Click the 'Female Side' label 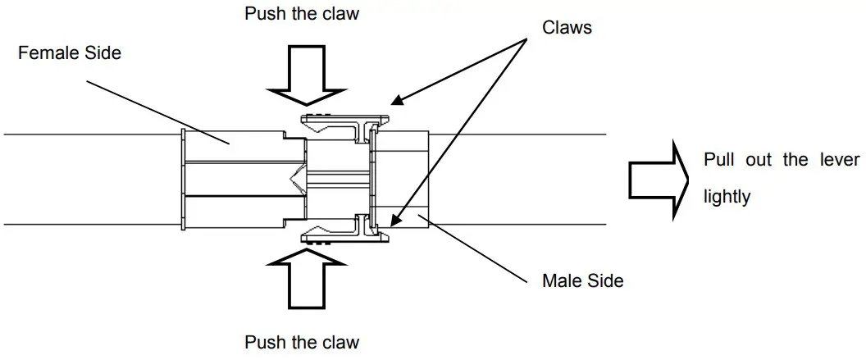69,53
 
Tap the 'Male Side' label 582,281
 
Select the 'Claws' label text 567,27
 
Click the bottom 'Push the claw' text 302,342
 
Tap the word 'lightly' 727,198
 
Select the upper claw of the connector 340,124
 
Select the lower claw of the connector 340,234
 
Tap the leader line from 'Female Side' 156,110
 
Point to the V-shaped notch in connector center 294,177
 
